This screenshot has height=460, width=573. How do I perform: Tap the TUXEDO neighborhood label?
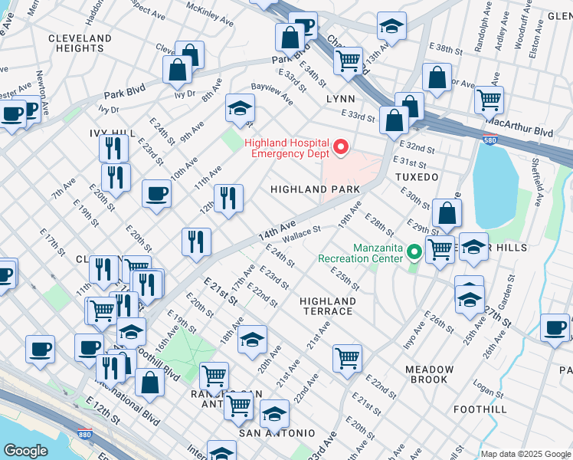coord(417,177)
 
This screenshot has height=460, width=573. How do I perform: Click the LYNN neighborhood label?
coord(340,100)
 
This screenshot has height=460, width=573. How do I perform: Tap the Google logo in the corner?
coord(26,451)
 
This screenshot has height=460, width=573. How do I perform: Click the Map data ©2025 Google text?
coord(526,454)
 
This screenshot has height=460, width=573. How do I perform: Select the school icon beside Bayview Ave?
coord(240,110)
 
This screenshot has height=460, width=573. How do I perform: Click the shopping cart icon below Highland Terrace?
coord(347,358)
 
